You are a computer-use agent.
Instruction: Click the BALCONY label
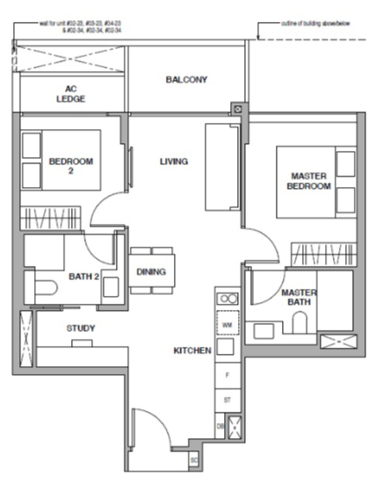(x=186, y=80)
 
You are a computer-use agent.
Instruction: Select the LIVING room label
(x=174, y=162)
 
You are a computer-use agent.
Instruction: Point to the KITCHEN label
(x=192, y=350)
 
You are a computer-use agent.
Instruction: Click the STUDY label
(x=80, y=328)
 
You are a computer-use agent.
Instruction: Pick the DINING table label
(x=151, y=271)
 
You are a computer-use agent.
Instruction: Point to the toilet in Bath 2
(x=42, y=286)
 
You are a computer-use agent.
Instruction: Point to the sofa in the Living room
(x=217, y=167)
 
